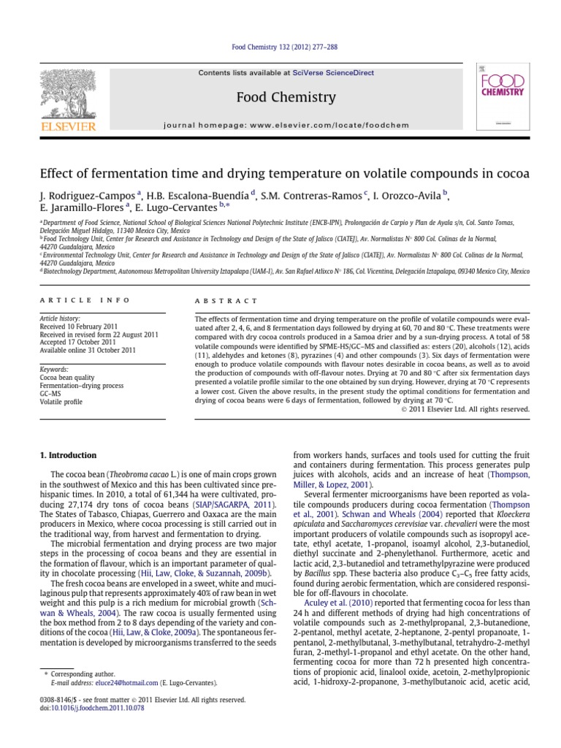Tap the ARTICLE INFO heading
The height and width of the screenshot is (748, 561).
(85, 300)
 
